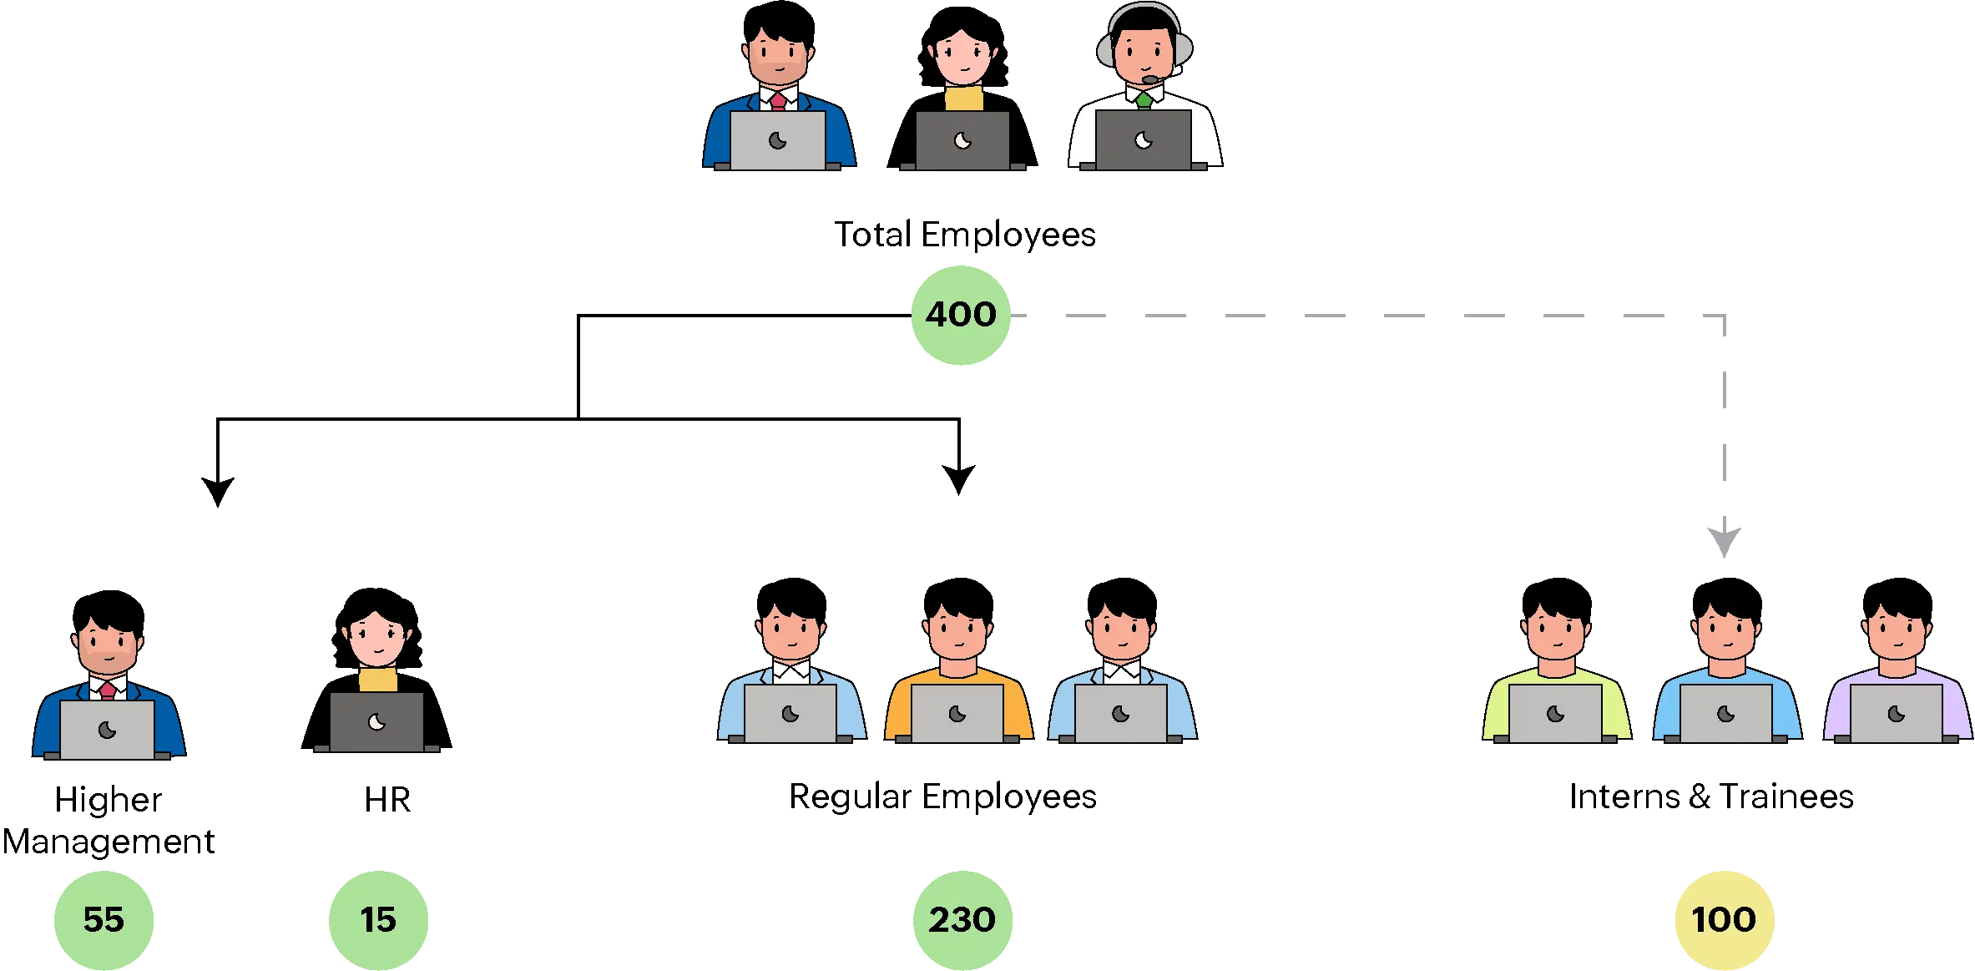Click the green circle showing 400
[x=961, y=315]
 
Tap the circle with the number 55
[x=104, y=919]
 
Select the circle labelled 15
[x=378, y=919]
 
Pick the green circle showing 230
[x=962, y=919]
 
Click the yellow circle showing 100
[x=1724, y=919]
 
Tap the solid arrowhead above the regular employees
[x=960, y=478]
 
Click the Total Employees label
[x=965, y=235]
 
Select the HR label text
[x=386, y=798]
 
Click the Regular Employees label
[x=944, y=797]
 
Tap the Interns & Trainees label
[x=1712, y=797]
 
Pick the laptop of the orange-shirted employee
[x=957, y=714]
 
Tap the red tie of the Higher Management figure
[x=108, y=690]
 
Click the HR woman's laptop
[x=376, y=722]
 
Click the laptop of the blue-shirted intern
[x=1725, y=714]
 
